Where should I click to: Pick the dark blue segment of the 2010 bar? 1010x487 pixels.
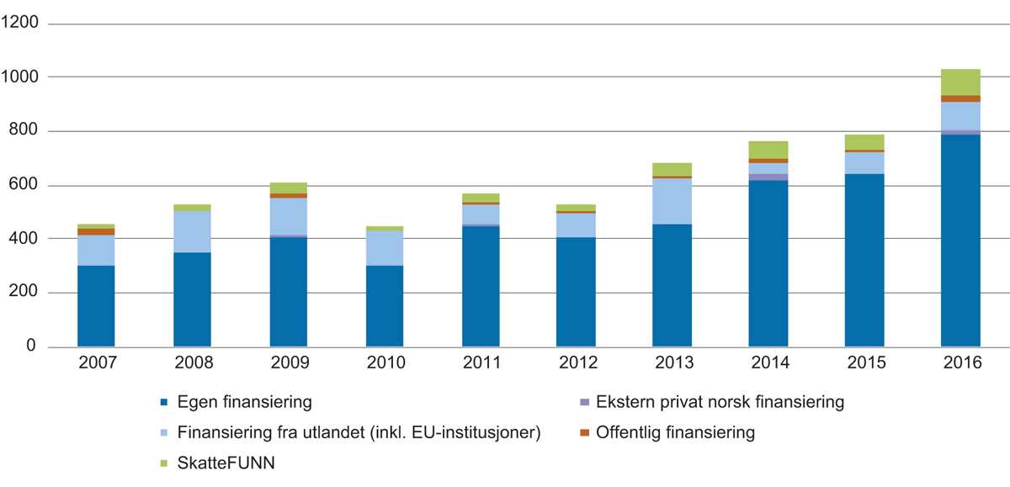coord(385,306)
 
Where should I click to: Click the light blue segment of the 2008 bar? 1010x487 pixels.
coord(192,232)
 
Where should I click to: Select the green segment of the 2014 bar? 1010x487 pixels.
coord(768,150)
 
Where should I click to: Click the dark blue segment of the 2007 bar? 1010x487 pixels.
coord(96,306)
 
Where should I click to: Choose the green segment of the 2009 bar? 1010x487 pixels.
coord(288,188)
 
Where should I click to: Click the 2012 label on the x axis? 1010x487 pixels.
coord(577,363)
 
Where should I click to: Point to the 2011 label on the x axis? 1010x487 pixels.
coord(481,363)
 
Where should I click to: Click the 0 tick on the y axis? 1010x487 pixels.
coord(34,347)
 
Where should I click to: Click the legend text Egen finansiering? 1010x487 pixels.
coord(245,403)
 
